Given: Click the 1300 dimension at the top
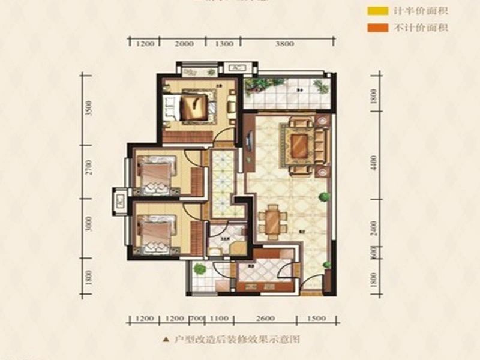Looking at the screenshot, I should [x=223, y=43].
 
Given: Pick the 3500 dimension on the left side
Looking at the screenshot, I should [x=88, y=109].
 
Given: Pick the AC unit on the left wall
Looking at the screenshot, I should [x=119, y=201].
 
